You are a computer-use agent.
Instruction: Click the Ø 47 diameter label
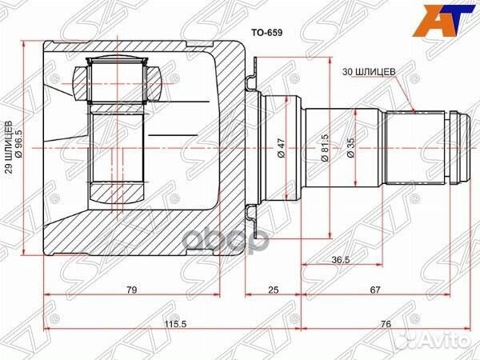(x=281, y=148)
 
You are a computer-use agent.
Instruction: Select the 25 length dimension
(x=273, y=290)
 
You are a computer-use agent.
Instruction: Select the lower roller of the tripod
(x=115, y=193)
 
